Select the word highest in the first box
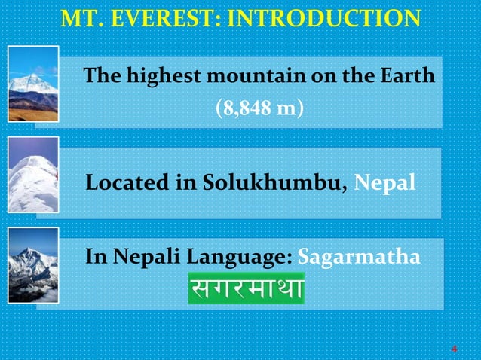tap(151, 76)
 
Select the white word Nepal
tap(384, 183)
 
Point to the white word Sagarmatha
tap(359, 258)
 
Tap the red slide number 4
tap(454, 349)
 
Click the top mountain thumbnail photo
tap(32, 84)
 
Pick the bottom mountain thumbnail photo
tap(32, 269)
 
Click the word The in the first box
tap(101, 76)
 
